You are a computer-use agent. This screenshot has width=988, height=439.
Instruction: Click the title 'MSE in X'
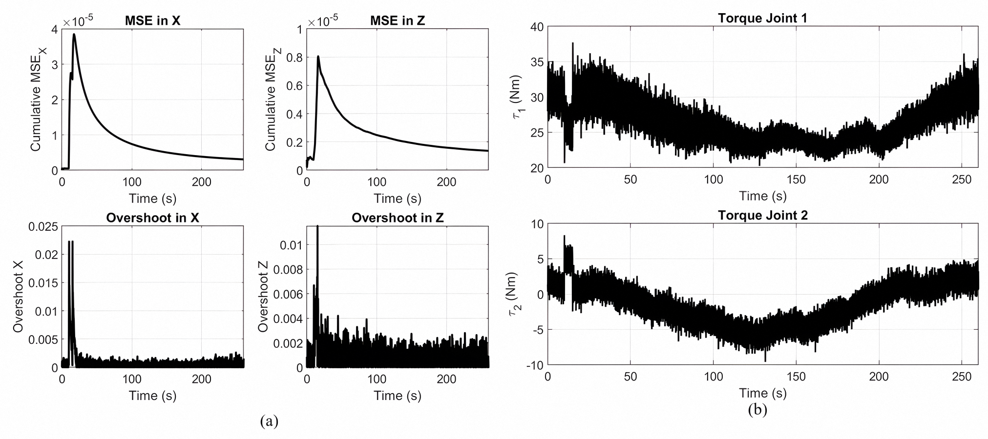tap(153, 21)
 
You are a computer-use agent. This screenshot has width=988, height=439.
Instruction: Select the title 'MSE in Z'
tap(398, 21)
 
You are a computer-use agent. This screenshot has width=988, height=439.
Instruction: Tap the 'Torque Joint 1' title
tap(762, 18)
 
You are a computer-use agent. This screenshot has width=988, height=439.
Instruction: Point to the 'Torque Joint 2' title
tap(762, 215)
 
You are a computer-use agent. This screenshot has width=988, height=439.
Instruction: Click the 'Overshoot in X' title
tap(153, 218)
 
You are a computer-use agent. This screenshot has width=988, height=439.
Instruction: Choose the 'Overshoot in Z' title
tap(398, 218)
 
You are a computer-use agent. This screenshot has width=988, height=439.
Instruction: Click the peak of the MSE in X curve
tap(74, 34)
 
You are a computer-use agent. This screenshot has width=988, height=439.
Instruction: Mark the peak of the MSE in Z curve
tap(318, 57)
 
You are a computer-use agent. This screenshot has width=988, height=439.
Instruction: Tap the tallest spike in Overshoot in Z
tap(317, 226)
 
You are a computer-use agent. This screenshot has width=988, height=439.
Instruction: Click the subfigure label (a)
tap(269, 420)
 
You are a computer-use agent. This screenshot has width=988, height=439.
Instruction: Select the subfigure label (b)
tap(757, 410)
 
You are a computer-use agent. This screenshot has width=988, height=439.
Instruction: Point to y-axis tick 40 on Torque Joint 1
tap(536, 27)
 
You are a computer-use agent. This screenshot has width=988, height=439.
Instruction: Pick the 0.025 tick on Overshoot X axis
tap(43, 227)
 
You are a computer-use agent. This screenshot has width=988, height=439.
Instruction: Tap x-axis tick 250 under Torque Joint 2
tap(962, 377)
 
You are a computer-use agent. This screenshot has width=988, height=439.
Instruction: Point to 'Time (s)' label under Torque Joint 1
tap(762, 196)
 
